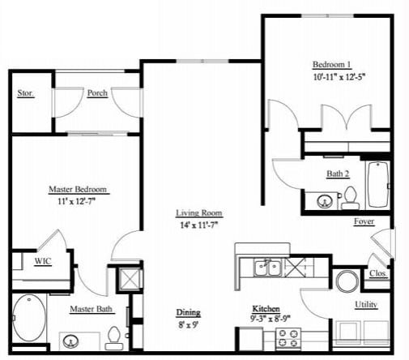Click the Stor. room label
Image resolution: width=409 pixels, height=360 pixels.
[x=26, y=93]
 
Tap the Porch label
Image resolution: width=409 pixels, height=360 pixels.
[x=97, y=93]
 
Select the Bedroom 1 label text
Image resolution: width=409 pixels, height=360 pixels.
[x=333, y=65]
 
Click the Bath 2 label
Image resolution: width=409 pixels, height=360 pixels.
[x=339, y=173]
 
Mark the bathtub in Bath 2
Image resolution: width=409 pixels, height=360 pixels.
[x=377, y=186]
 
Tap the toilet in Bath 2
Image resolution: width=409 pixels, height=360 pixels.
[x=350, y=196]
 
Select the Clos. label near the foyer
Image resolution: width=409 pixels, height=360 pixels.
[x=377, y=273]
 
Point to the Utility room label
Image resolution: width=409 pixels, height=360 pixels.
[x=365, y=304]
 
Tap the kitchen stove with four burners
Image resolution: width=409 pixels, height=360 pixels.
[x=287, y=337]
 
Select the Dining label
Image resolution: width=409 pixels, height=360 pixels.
[x=189, y=312]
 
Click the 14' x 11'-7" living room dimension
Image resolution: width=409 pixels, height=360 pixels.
[x=199, y=225]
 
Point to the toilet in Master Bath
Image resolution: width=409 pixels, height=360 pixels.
[x=114, y=336]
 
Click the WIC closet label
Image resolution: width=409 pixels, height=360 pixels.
[x=42, y=261]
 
